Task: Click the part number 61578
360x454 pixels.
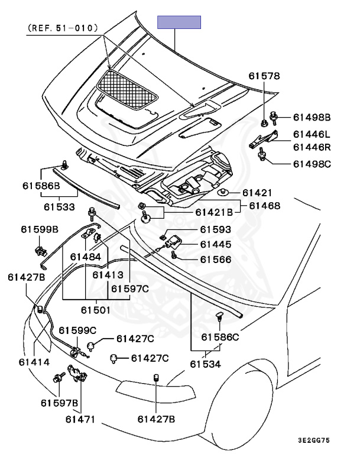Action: (x=264, y=76)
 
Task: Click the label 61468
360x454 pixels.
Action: (x=264, y=206)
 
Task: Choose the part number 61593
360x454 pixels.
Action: (x=215, y=230)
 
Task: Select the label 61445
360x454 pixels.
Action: (x=215, y=244)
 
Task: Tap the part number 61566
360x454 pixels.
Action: (x=215, y=259)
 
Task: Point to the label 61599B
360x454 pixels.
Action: (x=40, y=229)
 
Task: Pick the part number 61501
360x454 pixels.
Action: (x=97, y=309)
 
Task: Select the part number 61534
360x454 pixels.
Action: (x=205, y=365)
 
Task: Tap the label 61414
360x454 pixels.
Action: (x=34, y=362)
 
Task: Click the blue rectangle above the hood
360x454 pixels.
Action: (x=179, y=22)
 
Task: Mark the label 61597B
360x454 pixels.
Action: (x=60, y=403)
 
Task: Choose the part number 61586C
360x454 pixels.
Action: (x=220, y=338)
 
